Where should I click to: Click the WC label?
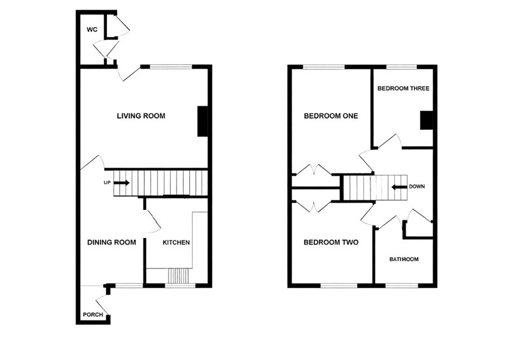click(92, 29)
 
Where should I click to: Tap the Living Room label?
click(141, 116)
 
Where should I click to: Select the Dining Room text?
click(111, 242)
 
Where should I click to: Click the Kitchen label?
click(176, 242)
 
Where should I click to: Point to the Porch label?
click(93, 315)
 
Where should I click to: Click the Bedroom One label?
click(331, 116)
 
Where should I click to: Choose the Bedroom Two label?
click(331, 242)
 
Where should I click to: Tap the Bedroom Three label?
click(403, 88)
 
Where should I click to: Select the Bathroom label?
click(404, 259)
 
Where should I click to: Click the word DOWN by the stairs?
click(417, 187)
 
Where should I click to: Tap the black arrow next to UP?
click(121, 182)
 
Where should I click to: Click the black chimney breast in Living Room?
click(203, 121)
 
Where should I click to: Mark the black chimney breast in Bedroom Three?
click(427, 120)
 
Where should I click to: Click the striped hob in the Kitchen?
click(179, 276)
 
